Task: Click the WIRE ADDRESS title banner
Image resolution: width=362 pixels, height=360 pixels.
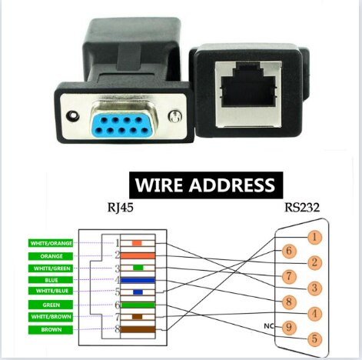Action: (205, 185)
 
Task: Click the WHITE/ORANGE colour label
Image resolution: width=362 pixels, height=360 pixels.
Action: (50, 243)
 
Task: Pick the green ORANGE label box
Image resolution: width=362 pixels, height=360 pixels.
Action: (50, 255)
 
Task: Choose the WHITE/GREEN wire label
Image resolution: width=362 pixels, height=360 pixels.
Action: (50, 268)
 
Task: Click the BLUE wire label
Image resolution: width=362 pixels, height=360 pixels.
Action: (50, 280)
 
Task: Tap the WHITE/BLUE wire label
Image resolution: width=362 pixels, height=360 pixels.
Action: (50, 292)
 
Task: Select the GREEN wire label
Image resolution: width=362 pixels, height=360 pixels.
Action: (50, 305)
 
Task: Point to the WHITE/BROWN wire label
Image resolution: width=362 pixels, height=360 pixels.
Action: (50, 317)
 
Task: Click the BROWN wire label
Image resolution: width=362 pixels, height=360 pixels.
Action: (50, 329)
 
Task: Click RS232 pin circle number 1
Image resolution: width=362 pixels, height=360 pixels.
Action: (314, 237)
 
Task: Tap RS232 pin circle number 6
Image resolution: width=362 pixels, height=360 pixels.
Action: (288, 250)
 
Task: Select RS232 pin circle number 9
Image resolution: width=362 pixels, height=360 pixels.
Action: (288, 326)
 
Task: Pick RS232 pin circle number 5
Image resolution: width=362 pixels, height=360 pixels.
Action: (314, 338)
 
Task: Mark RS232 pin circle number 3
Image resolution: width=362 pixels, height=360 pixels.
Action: (314, 288)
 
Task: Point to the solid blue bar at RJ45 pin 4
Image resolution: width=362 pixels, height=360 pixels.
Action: (138, 280)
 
